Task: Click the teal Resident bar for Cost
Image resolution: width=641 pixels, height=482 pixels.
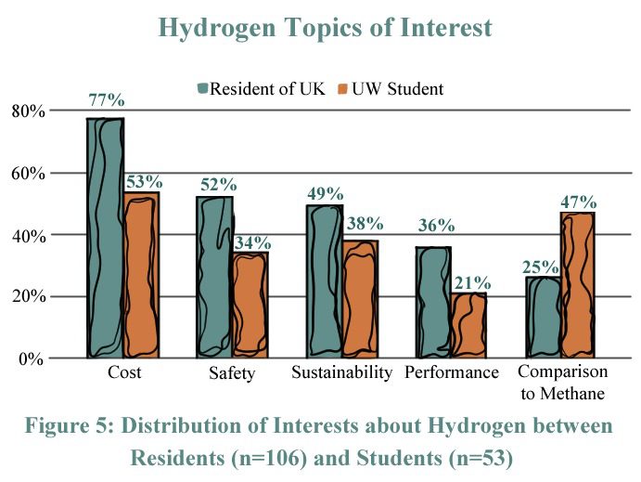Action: [106, 238]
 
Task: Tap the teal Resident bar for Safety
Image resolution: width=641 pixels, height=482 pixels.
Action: [214, 277]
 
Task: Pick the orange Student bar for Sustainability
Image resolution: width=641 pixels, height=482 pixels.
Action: [360, 299]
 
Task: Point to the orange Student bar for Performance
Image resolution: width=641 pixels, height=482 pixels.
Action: [469, 326]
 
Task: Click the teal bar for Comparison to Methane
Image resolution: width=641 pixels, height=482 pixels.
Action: [543, 318]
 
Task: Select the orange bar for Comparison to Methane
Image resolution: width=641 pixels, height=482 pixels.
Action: [577, 285]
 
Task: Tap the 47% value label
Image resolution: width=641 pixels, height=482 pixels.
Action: [578, 202]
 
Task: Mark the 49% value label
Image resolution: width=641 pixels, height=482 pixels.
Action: [325, 194]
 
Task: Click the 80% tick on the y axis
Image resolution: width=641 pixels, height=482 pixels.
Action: [27, 111]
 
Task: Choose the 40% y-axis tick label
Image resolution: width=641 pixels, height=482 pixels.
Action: [27, 235]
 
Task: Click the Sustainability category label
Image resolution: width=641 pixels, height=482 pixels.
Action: [341, 373]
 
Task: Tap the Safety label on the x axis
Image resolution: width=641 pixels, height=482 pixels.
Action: [232, 374]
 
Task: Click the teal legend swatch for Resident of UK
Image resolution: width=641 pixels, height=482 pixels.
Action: [202, 89]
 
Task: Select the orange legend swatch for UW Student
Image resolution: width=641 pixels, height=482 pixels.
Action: [341, 89]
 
